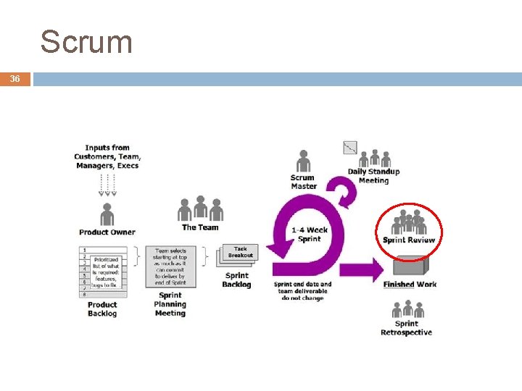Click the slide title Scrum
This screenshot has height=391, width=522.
[x=86, y=42]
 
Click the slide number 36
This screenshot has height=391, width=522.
[x=15, y=79]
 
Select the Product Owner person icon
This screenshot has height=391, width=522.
[x=107, y=214]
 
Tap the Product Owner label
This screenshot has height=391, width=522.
[x=107, y=232]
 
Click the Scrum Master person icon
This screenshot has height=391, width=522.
[x=304, y=161]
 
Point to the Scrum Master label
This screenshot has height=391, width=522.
[x=303, y=182]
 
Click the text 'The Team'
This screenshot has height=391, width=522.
[x=200, y=227]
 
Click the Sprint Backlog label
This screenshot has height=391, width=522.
[x=236, y=280]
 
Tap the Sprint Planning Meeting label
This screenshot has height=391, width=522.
[x=170, y=304]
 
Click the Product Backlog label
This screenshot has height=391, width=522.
[x=102, y=309]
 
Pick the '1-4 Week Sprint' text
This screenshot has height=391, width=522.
[x=310, y=235]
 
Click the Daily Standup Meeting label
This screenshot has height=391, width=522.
[x=373, y=176]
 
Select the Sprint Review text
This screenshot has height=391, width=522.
[x=409, y=240]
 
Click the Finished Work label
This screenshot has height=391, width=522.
[x=410, y=285]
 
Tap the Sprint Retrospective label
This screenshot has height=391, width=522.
[x=406, y=328]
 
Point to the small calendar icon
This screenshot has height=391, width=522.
[x=350, y=147]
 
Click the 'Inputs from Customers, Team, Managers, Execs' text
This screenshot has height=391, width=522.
[x=108, y=156]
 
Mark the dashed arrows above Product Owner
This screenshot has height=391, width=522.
[x=107, y=185]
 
